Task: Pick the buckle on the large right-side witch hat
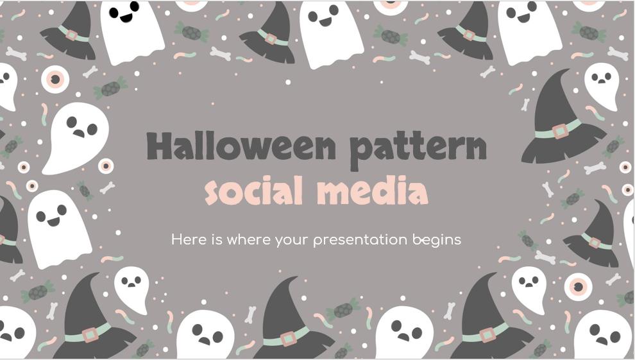point(560,131)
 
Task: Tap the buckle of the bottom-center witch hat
point(289,338)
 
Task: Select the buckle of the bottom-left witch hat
point(90,334)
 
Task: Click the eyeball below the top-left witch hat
point(55,79)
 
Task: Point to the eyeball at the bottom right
point(579,286)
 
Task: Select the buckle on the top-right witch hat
point(469,35)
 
